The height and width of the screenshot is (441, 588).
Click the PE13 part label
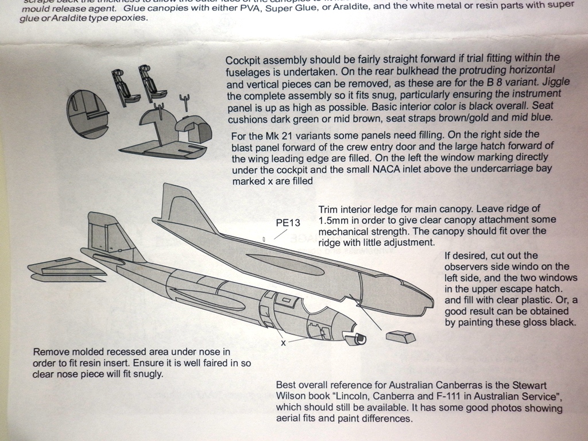(x=288, y=223)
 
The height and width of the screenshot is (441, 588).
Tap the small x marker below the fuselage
(x=283, y=343)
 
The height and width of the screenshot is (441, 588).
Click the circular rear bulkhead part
(x=87, y=114)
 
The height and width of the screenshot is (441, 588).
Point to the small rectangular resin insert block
(x=401, y=336)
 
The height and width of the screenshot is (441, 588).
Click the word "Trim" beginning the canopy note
(x=329, y=209)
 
